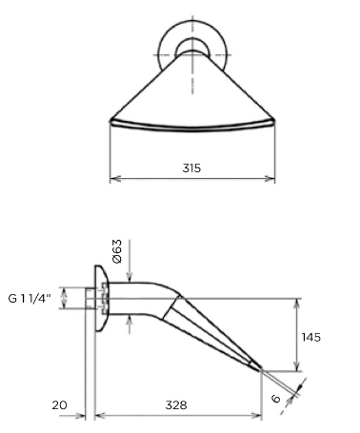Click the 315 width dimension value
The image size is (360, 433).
191,167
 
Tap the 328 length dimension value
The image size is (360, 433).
176,405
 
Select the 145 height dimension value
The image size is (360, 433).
311,337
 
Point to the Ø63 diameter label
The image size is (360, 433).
117,251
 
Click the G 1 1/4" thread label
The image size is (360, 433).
30,299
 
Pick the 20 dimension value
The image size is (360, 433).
60,405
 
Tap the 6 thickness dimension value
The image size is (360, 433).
276,399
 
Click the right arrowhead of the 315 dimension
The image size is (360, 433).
270,179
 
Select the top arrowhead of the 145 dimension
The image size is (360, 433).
296,304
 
